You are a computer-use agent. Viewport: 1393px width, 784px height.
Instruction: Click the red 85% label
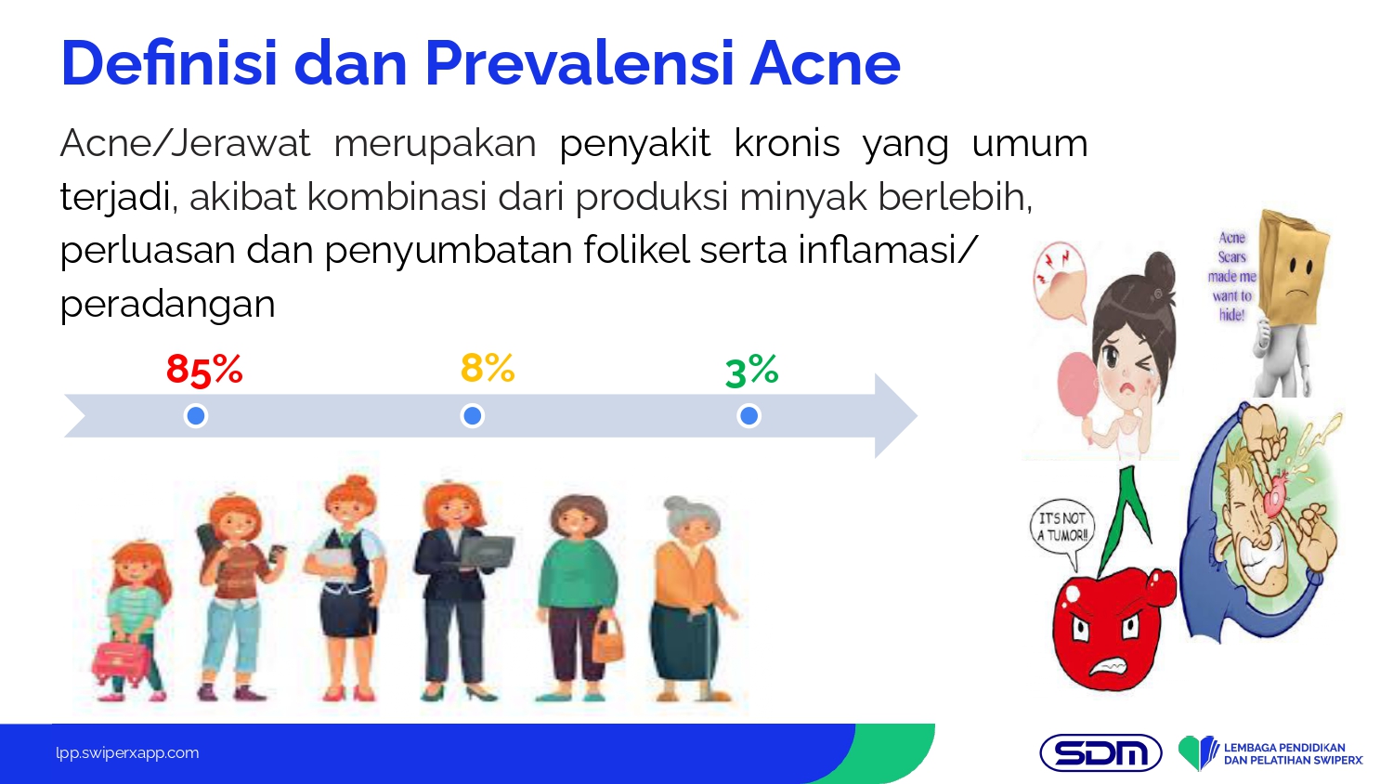coord(204,371)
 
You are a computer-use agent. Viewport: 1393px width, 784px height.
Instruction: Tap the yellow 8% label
coord(488,368)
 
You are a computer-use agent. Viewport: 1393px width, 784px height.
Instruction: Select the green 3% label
coord(752,372)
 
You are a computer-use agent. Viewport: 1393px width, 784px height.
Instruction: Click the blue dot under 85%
coord(196,415)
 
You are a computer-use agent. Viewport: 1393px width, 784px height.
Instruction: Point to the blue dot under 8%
coord(473,415)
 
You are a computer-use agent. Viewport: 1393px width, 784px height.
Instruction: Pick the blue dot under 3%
coord(749,415)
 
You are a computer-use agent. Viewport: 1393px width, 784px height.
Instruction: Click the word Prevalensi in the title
coord(580,63)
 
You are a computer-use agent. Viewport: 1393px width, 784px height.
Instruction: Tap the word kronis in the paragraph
coord(787,144)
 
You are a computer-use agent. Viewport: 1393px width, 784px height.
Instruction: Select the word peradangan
coord(167,306)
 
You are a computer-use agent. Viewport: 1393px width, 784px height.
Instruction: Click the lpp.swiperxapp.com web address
coord(127,753)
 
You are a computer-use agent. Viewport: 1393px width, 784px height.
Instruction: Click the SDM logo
coord(1100,753)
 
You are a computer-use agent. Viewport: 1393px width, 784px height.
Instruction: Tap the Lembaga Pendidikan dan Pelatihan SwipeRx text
coord(1293,753)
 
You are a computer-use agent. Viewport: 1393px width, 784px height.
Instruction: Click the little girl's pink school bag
coord(122,662)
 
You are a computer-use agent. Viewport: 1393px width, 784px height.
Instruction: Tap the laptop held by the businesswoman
coord(487,553)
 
